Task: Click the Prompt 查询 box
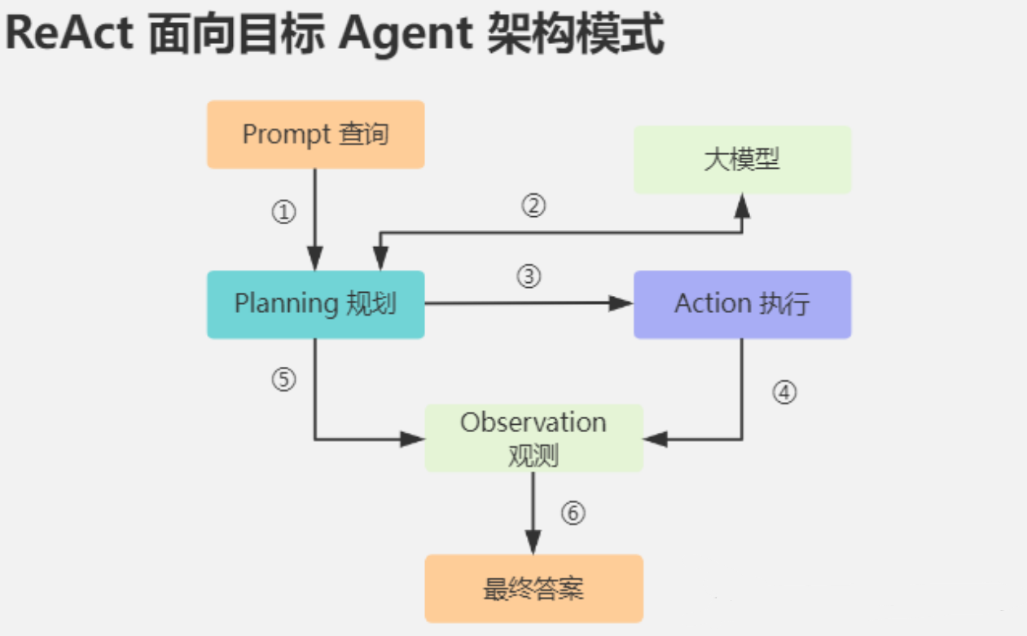(315, 135)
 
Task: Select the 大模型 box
(742, 160)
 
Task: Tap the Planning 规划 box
(315, 304)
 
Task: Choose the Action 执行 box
(742, 304)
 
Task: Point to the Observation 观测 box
(533, 438)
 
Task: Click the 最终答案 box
(533, 589)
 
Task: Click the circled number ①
(283, 213)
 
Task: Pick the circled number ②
(533, 205)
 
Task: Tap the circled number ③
(529, 277)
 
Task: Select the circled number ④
(783, 393)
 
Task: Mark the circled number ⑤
(283, 381)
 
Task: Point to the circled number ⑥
(573, 513)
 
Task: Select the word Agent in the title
(405, 34)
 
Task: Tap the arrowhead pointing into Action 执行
(623, 304)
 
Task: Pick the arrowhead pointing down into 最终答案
(533, 543)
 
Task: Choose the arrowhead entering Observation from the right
(654, 439)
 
